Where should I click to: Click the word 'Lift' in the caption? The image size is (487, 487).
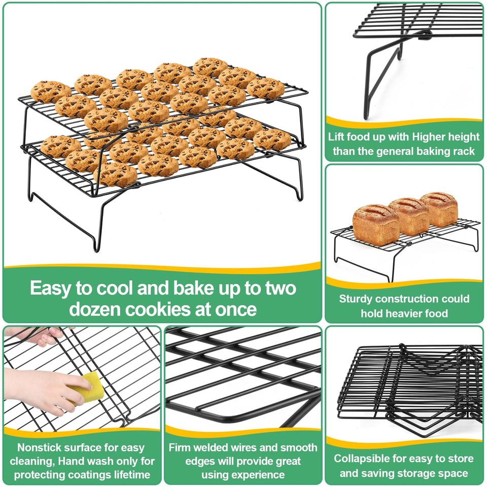(x=338, y=136)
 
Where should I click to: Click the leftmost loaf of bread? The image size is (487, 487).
(x=376, y=224)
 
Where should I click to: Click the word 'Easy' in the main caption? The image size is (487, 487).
(x=51, y=288)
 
